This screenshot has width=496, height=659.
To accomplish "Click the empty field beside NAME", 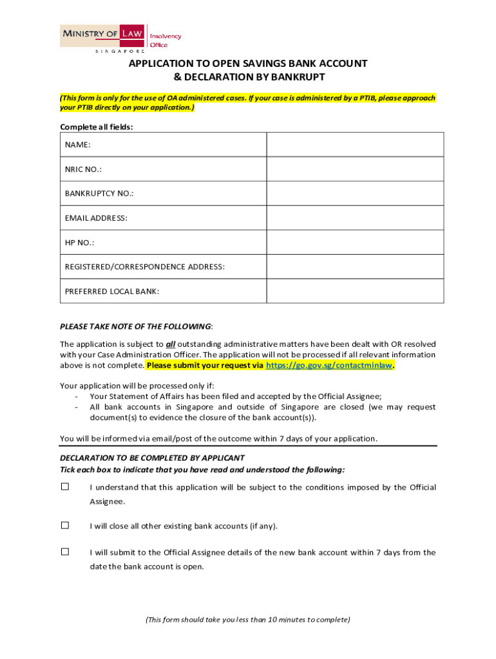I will (355, 144).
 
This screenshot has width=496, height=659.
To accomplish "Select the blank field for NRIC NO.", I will (355, 169).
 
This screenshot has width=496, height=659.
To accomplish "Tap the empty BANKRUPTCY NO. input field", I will (355, 193).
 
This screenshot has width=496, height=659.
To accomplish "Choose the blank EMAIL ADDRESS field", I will (355, 218).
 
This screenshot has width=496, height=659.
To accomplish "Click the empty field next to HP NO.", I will (355, 242).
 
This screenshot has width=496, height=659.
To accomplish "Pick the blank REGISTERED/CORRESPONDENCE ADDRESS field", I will (355, 266).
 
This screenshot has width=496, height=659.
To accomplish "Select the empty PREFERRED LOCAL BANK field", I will (355, 291).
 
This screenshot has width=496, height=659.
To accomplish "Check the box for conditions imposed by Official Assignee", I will (65, 487).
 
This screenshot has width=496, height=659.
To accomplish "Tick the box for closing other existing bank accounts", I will (65, 526).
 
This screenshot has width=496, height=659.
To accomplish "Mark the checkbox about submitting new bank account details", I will (65, 552).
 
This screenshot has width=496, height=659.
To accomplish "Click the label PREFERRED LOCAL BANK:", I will (112, 292).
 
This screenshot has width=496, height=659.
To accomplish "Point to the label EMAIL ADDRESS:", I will (96, 218).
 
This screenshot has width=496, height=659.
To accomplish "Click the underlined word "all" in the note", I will (171, 344).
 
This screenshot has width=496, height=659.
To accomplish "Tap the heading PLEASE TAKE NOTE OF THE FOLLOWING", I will (135, 326).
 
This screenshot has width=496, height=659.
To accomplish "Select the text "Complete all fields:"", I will (97, 127).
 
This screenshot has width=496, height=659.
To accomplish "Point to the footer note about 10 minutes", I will (248, 620).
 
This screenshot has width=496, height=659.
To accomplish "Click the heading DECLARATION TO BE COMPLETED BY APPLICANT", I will (152, 458).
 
